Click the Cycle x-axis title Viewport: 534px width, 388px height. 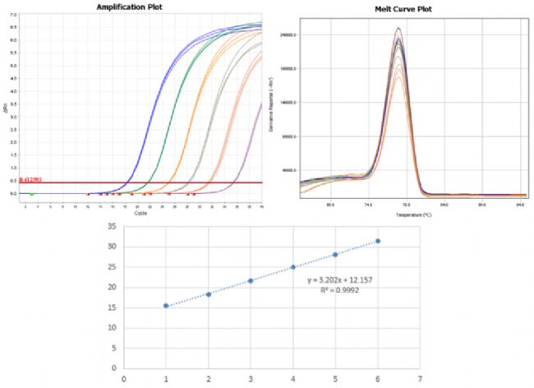(139, 211)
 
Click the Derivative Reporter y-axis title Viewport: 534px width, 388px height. (283, 107)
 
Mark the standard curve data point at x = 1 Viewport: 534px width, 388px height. (166, 306)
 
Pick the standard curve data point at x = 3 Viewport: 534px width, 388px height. (251, 280)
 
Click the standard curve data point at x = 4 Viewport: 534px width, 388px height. (293, 267)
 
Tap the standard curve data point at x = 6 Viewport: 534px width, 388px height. (378, 241)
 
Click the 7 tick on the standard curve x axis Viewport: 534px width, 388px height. (420, 380)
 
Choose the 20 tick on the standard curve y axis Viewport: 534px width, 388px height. (110, 287)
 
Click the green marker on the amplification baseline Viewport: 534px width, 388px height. (31, 194)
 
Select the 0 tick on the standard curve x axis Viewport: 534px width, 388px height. (124, 380)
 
